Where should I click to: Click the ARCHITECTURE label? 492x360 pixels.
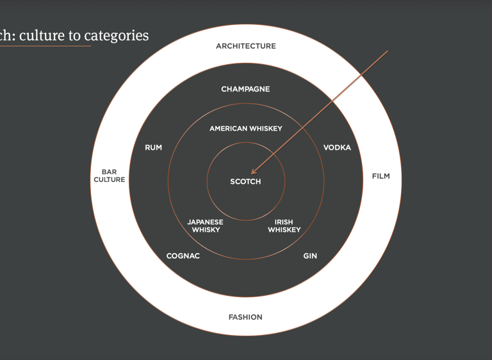246,46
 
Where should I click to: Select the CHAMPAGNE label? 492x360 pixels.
245,89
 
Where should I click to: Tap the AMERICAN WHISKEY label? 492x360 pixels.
246,129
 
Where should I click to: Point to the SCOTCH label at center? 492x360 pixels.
246,182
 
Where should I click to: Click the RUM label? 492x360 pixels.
154,148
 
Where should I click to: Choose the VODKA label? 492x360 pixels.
337,148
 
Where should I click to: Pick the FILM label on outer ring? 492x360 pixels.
381,176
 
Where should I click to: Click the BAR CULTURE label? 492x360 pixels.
110,176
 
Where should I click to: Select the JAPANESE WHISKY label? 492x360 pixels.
206,226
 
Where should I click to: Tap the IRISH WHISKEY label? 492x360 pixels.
284,226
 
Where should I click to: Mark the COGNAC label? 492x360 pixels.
183,256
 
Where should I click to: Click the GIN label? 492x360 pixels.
310,256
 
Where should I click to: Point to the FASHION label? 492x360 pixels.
245,317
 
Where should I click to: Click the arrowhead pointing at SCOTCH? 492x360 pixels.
254,172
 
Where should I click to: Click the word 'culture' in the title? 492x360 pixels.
42,35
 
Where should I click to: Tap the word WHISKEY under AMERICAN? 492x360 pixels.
266,129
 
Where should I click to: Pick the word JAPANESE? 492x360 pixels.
206,222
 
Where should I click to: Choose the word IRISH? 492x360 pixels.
284,222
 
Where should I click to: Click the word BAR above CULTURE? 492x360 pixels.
110,172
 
